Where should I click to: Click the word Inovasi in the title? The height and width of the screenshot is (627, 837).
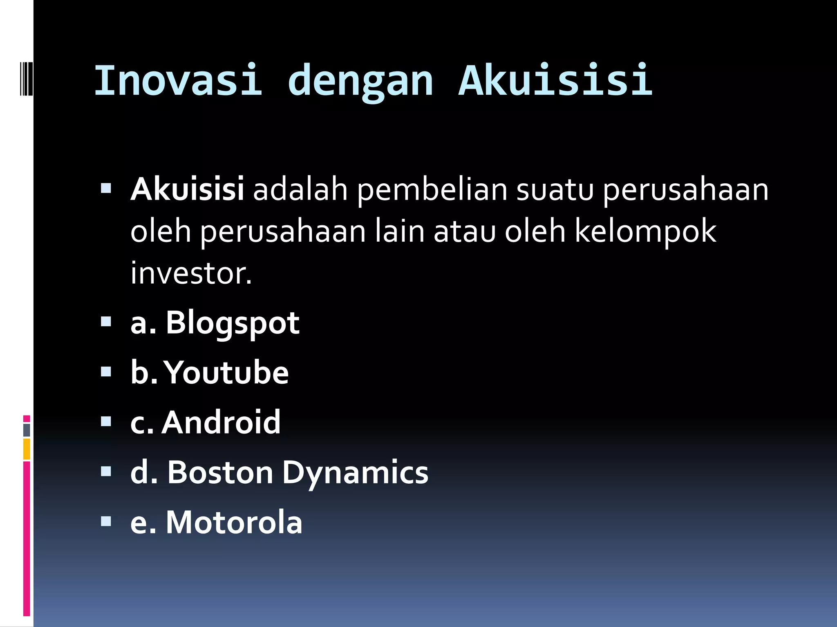click(x=178, y=80)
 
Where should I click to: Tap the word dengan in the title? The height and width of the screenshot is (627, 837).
click(x=360, y=82)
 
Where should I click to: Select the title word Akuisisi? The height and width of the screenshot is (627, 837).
click(x=555, y=80)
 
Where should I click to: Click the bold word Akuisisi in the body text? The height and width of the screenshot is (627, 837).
click(x=187, y=189)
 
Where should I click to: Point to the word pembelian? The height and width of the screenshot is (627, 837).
click(x=432, y=190)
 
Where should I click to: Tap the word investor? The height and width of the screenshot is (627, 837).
click(x=190, y=273)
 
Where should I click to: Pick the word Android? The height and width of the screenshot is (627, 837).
click(x=221, y=422)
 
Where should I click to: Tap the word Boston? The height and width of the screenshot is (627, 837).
click(x=220, y=472)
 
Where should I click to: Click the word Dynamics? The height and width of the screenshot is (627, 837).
click(x=355, y=474)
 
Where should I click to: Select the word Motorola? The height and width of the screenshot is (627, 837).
click(x=234, y=522)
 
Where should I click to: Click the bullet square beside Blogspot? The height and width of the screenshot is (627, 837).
click(x=106, y=322)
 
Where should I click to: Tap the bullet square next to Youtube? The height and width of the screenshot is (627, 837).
click(x=106, y=371)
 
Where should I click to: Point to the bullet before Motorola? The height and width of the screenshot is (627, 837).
click(x=106, y=521)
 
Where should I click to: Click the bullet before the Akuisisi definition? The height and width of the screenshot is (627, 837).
click(x=106, y=188)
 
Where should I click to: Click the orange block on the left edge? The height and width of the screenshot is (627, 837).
click(x=27, y=449)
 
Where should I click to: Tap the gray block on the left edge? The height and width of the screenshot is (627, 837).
click(x=27, y=430)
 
